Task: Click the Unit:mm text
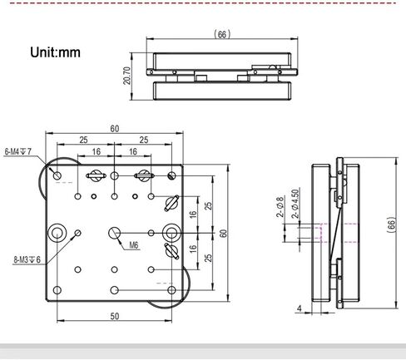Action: pyautogui.click(x=55, y=52)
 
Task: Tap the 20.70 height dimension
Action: pyautogui.click(x=126, y=76)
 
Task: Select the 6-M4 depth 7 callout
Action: pyautogui.click(x=18, y=151)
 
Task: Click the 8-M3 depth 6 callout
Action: pyautogui.click(x=27, y=259)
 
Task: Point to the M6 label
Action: pyautogui.click(x=134, y=245)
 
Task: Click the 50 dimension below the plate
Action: pyautogui.click(x=115, y=316)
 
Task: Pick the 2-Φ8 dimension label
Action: pyautogui.click(x=280, y=207)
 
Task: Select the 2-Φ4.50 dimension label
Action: pyautogui.click(x=295, y=204)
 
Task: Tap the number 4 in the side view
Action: pyautogui.click(x=299, y=308)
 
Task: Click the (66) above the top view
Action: pyautogui.click(x=222, y=34)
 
